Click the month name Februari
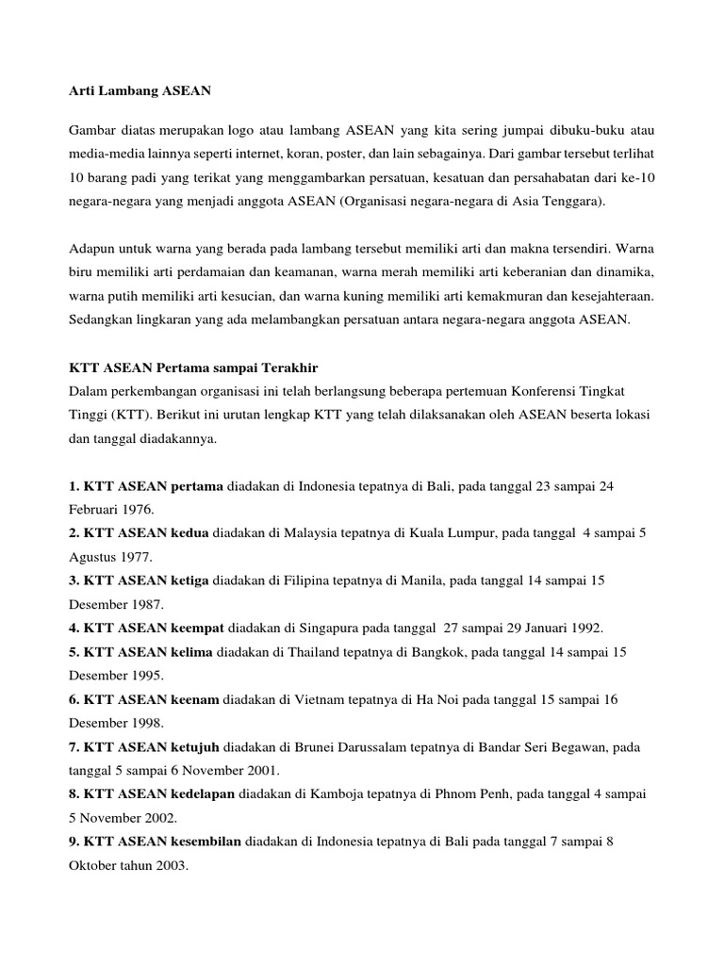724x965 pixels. click(93, 508)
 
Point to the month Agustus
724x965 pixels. click(91, 557)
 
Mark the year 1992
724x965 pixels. click(584, 628)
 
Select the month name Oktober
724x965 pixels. click(93, 866)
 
